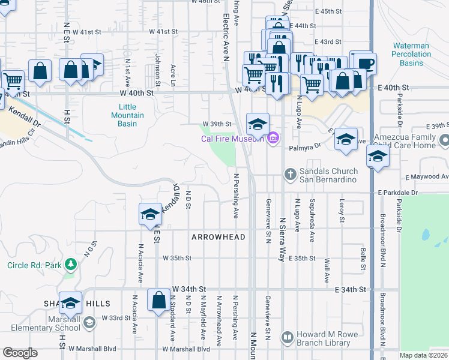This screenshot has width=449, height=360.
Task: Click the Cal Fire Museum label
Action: [232, 139]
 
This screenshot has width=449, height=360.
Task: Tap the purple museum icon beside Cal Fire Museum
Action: [273, 139]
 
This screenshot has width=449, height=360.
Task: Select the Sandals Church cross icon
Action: [290, 174]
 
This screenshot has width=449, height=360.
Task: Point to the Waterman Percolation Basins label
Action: [411, 54]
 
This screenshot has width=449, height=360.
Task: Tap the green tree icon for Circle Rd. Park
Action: [71, 264]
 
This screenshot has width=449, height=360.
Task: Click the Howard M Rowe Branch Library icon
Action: [288, 338]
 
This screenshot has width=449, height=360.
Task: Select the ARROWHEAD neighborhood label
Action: [218, 237]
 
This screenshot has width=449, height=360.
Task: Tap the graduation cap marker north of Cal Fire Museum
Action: [258, 124]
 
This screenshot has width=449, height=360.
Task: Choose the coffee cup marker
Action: [364, 63]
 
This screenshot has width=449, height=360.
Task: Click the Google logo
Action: [20, 353]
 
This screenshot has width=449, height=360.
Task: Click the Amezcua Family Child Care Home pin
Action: [444, 141]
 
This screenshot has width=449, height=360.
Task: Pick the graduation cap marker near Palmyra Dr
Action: [346, 139]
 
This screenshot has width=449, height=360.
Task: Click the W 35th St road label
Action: [176, 258]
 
